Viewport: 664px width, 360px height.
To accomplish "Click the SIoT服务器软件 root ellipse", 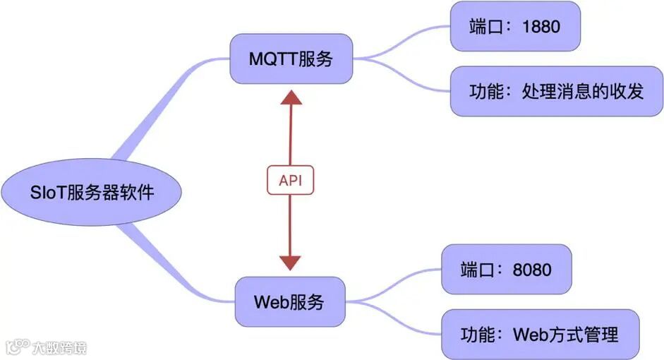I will [x=92, y=193].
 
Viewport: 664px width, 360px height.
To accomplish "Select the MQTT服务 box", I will [x=291, y=59].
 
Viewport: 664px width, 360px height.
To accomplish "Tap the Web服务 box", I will [x=290, y=301].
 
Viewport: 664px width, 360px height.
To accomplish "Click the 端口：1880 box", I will [x=514, y=26].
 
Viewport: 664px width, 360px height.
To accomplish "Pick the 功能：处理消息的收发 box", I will [x=557, y=91].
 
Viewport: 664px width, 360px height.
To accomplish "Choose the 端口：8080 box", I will [x=505, y=269].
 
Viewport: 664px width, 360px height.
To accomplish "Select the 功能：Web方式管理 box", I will [x=541, y=333].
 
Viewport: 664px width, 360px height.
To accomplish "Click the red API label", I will [x=290, y=180].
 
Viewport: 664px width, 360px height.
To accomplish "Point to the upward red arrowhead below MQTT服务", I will [x=291, y=97].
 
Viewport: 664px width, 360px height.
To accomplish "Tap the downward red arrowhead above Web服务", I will [x=290, y=263].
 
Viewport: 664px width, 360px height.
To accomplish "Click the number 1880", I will [x=541, y=27].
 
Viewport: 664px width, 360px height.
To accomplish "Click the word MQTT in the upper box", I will [x=273, y=59].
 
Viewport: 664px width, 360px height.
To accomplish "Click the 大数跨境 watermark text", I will [x=59, y=347].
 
